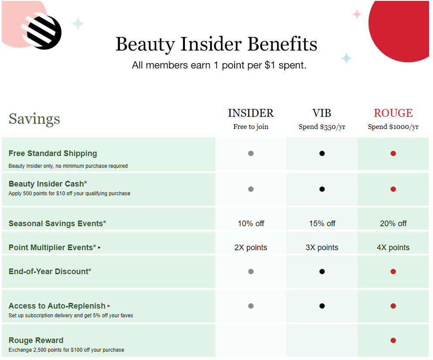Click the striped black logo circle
click(44, 32)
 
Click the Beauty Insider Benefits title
click(216, 44)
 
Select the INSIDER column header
click(251, 113)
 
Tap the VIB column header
click(322, 113)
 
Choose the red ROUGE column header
click(393, 113)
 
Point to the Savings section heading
click(34, 119)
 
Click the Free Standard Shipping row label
click(53, 153)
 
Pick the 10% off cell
click(251, 224)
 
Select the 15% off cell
click(322, 224)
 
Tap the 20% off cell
click(393, 224)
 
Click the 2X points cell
click(251, 248)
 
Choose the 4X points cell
click(393, 248)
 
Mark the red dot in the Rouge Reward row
click(393, 340)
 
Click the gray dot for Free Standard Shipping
click(251, 153)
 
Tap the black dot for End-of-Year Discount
click(322, 272)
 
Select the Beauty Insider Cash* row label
click(48, 184)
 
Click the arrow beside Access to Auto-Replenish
click(109, 306)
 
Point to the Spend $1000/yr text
click(393, 127)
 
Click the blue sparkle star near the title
click(346, 58)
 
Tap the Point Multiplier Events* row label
click(52, 248)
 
